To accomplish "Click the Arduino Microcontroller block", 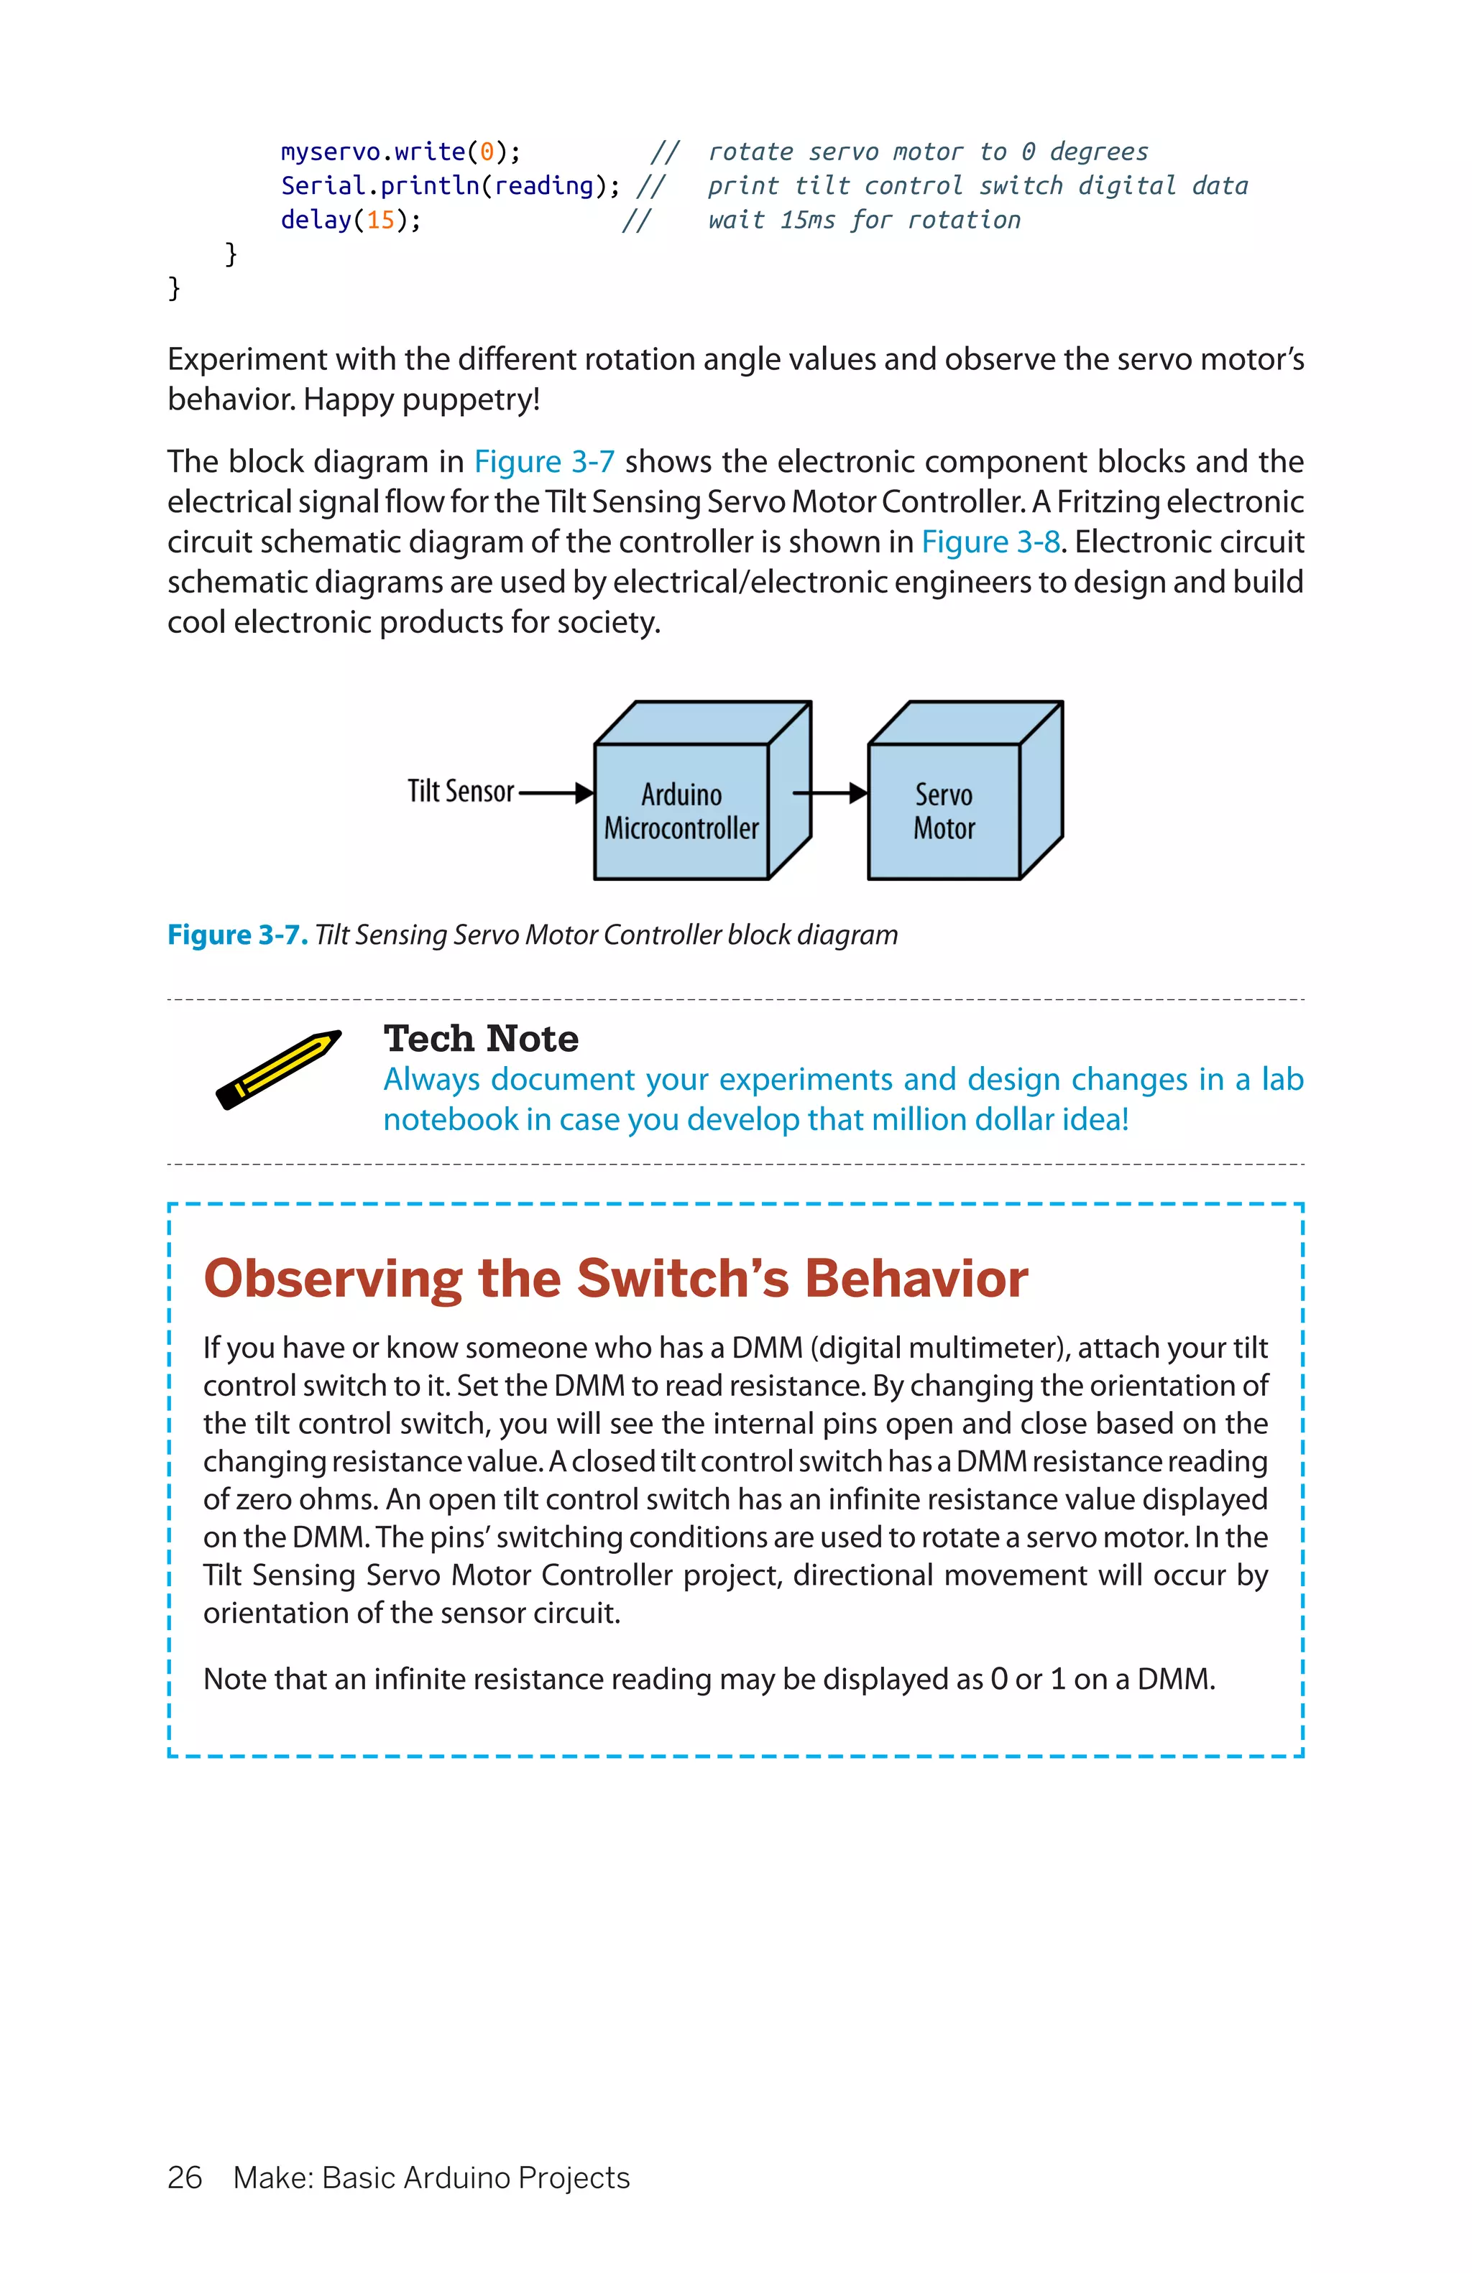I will (681, 811).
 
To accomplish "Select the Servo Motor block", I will (944, 811).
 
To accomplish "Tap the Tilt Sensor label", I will (461, 791).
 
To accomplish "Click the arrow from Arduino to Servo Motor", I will (829, 792).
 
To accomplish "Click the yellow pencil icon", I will (278, 1069).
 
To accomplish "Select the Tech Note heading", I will (480, 1038).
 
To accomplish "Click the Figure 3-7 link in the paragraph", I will (543, 461).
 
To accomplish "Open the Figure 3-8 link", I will (990, 542).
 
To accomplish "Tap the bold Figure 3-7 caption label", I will (237, 934).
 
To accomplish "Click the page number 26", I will (184, 2177).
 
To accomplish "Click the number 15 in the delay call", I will (380, 221).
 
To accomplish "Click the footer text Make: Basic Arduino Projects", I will (431, 2177).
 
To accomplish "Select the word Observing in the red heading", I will (332, 1278).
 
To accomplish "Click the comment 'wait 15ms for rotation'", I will (863, 221).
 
